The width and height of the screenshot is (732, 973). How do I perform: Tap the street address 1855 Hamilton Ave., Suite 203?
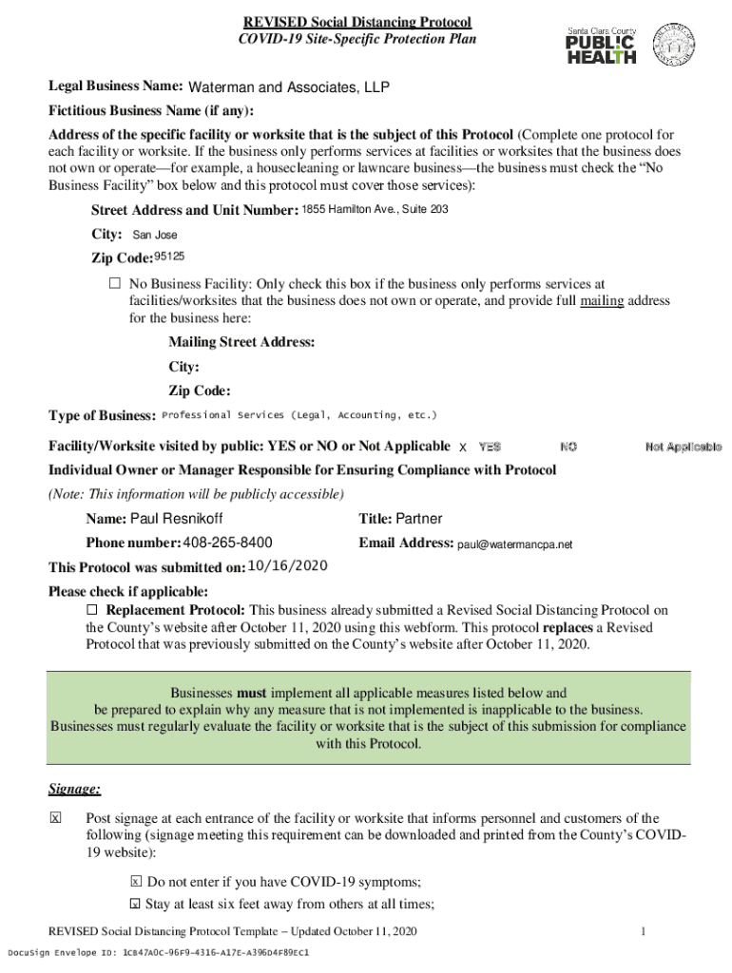(x=375, y=209)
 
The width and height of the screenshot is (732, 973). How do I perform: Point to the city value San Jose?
(x=154, y=235)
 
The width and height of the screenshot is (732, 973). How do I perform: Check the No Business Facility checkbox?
(x=115, y=284)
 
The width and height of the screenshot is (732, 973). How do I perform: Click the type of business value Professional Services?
(x=300, y=415)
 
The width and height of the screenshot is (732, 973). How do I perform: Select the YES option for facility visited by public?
(x=490, y=447)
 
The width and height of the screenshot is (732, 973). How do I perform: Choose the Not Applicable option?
(x=683, y=447)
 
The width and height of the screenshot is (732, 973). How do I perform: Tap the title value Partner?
(x=418, y=519)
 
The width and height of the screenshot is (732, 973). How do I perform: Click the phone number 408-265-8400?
(x=227, y=544)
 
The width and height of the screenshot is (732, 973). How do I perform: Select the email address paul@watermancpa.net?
(x=515, y=544)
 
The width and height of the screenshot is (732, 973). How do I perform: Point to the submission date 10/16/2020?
(x=288, y=566)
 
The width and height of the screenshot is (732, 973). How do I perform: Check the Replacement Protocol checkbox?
(x=92, y=609)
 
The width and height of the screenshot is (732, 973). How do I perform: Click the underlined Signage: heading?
(x=75, y=790)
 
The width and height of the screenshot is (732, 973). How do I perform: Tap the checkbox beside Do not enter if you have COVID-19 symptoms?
(x=135, y=881)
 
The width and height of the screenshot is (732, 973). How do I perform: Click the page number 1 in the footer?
(x=644, y=931)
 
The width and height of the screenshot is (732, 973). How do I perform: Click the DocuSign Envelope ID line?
(x=159, y=952)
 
